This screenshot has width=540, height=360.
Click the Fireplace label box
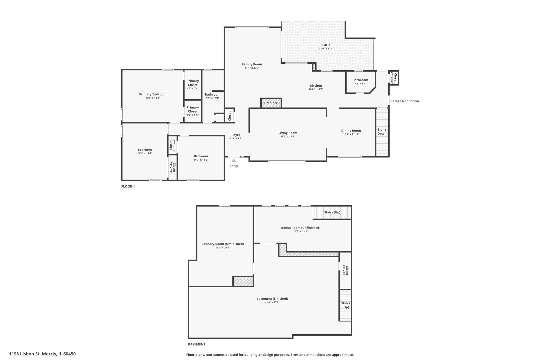271,103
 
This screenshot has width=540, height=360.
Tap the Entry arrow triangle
234,161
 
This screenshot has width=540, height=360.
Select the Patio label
326,45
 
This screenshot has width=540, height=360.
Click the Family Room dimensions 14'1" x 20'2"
252,68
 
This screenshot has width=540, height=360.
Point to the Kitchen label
316,86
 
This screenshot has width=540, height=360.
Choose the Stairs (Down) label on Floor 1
382,132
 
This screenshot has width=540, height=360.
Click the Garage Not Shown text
405,101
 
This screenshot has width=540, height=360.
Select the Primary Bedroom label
153,94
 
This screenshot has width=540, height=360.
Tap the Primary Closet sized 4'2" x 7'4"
193,85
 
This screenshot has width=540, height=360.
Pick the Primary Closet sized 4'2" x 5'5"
193,111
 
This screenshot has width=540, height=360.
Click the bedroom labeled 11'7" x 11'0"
201,158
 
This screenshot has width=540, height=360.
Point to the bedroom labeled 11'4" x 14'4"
145,151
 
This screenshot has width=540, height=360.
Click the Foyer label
236,135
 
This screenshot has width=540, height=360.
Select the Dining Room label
351,131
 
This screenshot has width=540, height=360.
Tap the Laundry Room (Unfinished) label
223,244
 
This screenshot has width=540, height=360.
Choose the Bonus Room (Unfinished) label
301,228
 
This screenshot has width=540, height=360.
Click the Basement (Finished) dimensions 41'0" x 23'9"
272,302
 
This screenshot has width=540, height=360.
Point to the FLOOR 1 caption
128,186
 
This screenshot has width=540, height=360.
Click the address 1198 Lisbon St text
25,354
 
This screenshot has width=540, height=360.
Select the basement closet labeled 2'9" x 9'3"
345,270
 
